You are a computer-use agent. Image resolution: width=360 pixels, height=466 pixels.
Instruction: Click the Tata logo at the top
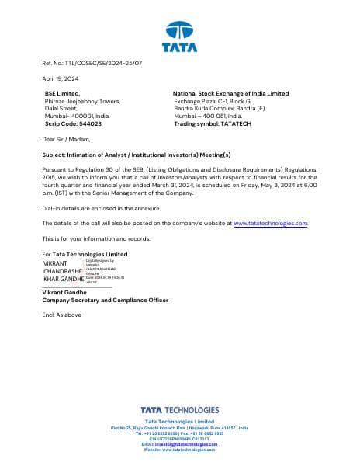pos(179,37)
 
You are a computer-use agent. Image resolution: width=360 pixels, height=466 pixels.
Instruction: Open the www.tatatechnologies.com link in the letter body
pos(271,223)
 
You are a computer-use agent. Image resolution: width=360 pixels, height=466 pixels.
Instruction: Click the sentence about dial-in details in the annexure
pos(101,207)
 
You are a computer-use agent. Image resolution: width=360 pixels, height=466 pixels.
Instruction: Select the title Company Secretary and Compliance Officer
pos(104,300)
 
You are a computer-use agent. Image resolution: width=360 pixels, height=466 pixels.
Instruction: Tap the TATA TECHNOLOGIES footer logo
pos(179,411)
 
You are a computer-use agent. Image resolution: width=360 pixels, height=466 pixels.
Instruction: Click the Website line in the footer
pos(179,450)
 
